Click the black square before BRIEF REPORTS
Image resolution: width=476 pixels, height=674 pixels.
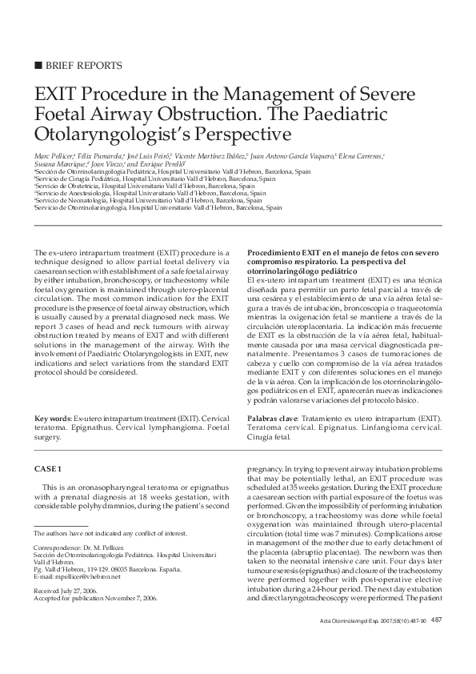coord(38,65)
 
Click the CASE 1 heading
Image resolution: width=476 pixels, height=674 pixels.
coord(48,467)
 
